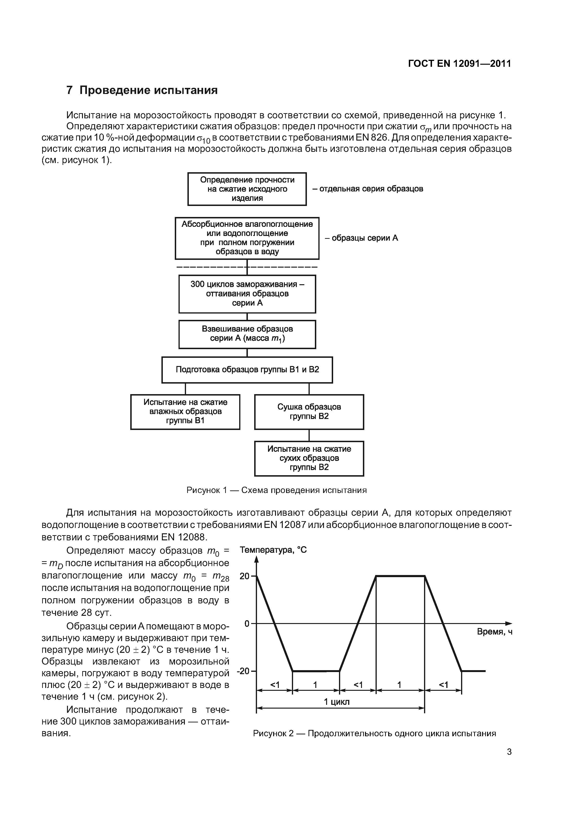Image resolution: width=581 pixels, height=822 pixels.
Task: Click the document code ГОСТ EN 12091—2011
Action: [459, 64]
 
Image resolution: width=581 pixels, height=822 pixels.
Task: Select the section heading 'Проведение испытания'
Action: [148, 90]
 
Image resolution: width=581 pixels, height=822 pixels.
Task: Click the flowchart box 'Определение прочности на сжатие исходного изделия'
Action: [247, 189]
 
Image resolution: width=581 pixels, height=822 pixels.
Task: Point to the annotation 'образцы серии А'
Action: [361, 238]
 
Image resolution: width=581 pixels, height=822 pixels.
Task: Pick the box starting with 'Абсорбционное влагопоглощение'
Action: [247, 238]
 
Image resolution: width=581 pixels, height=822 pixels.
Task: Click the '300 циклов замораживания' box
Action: [247, 294]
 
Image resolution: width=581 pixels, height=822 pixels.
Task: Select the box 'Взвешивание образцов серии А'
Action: [247, 334]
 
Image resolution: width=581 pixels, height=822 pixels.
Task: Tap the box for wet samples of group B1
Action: [185, 412]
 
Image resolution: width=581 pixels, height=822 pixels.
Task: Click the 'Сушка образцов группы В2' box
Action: [309, 412]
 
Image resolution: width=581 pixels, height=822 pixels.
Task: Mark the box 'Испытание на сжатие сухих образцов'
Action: [309, 458]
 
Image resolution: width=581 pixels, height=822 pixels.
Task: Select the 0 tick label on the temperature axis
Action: [247, 624]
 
